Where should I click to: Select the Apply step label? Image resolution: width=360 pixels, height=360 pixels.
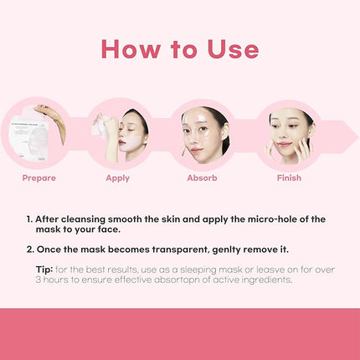pos(117,177)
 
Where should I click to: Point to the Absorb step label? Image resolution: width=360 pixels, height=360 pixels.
pos(202,177)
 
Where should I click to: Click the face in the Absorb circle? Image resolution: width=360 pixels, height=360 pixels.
pos(201,132)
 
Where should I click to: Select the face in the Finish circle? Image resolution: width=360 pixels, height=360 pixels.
pos(287,132)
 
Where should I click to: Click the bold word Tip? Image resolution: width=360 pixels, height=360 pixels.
pos(49,270)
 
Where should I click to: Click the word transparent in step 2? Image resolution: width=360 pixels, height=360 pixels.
pos(183,249)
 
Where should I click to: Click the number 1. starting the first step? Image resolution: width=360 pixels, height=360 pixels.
pos(30,219)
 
